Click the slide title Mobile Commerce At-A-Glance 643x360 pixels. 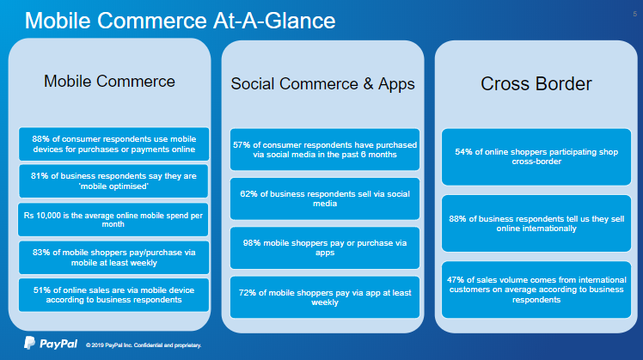(180, 21)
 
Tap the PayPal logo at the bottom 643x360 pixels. (51, 343)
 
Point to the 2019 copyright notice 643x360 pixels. (144, 345)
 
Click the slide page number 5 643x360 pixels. (634, 14)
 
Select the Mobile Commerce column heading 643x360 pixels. (109, 81)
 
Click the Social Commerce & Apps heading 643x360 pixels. (322, 83)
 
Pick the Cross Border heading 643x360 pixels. (536, 83)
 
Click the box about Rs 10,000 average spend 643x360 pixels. (113, 220)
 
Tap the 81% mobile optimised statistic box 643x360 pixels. (113, 181)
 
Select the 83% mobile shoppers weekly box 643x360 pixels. (113, 258)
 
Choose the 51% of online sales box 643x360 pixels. (113, 295)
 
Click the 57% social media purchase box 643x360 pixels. (325, 149)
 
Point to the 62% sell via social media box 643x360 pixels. (325, 198)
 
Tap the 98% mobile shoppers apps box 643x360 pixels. (325, 248)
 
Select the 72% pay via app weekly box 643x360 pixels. (325, 297)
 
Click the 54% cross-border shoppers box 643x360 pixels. (536, 157)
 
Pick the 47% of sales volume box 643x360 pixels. (536, 290)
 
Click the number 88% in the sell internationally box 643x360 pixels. (457, 219)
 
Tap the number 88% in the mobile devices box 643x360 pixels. (41, 139)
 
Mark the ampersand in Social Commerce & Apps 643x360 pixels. (368, 83)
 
